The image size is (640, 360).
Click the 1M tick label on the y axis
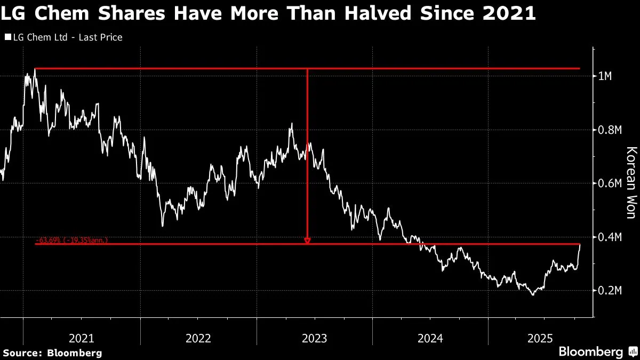[605, 76]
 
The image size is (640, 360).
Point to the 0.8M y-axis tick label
[608, 130]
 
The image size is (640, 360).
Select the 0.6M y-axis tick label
[608, 183]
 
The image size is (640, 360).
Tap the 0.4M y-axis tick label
[608, 237]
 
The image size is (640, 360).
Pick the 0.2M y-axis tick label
[608, 291]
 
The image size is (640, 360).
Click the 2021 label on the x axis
[82, 338]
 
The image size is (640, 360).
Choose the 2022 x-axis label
[198, 338]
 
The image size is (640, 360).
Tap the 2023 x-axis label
[314, 338]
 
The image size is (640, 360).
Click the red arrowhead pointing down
[307, 241]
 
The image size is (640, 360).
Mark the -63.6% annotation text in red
[71, 241]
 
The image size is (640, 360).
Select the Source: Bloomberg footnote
[52, 353]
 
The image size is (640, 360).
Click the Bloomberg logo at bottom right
[591, 352]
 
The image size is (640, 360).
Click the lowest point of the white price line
[532, 294]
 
